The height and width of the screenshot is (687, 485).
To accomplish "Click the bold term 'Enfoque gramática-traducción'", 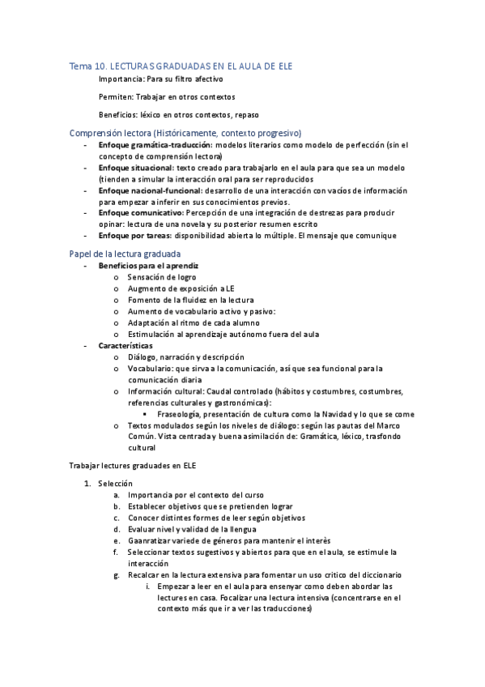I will (151, 144).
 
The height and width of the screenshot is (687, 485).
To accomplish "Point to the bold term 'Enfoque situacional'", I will (132, 167).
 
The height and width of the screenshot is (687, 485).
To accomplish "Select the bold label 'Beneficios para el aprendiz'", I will (148, 266).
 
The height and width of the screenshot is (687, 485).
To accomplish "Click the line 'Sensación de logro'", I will (163, 277).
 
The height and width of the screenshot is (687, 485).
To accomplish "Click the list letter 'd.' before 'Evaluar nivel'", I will (117, 529).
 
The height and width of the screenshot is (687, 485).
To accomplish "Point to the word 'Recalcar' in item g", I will (146, 574).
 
